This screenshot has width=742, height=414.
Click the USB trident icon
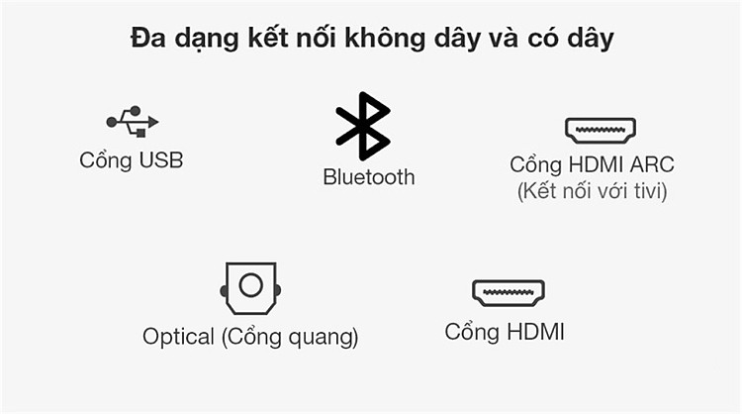(132, 121)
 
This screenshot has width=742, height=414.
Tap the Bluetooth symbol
(363, 126)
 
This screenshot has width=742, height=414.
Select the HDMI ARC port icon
(601, 131)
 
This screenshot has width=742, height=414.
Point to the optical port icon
(250, 288)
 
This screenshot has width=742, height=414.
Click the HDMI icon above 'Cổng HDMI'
(509, 293)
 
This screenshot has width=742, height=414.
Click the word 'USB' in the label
(161, 160)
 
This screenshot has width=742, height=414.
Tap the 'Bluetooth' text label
(369, 177)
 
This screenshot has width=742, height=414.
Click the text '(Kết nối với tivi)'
(592, 191)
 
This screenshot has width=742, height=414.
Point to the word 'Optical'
(178, 337)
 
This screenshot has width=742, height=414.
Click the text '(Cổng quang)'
(290, 337)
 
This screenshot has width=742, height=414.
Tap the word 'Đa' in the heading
(148, 38)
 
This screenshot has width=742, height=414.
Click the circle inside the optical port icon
(251, 285)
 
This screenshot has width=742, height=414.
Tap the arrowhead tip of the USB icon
(158, 122)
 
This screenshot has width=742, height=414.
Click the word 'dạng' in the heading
(207, 39)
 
